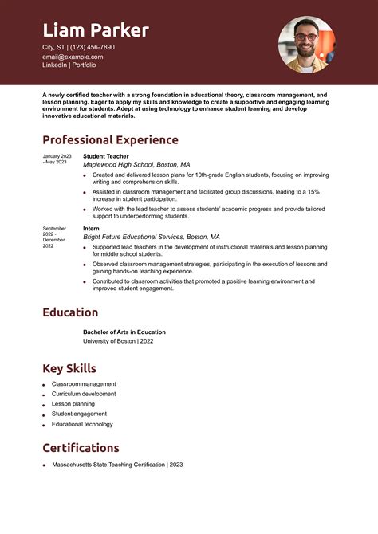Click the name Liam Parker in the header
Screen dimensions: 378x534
[95, 31]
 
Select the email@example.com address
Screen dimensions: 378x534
[73, 57]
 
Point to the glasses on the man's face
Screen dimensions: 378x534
[305, 37]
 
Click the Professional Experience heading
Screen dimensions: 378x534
[110, 140]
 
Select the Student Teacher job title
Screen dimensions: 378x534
[105, 156]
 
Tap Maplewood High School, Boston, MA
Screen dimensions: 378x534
[136, 164]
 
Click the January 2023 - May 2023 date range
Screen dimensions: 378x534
[57, 159]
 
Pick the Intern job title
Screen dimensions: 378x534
[91, 229]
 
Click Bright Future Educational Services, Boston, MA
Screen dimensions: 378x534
[151, 237]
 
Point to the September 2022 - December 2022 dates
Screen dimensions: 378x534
[54, 237]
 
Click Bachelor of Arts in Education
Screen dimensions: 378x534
[124, 332]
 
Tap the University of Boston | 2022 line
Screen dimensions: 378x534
[118, 340]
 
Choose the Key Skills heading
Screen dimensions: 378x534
[69, 368]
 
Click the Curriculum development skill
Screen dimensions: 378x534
[84, 394]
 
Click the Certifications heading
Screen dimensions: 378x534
[81, 448]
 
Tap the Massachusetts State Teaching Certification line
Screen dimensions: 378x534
[117, 464]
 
